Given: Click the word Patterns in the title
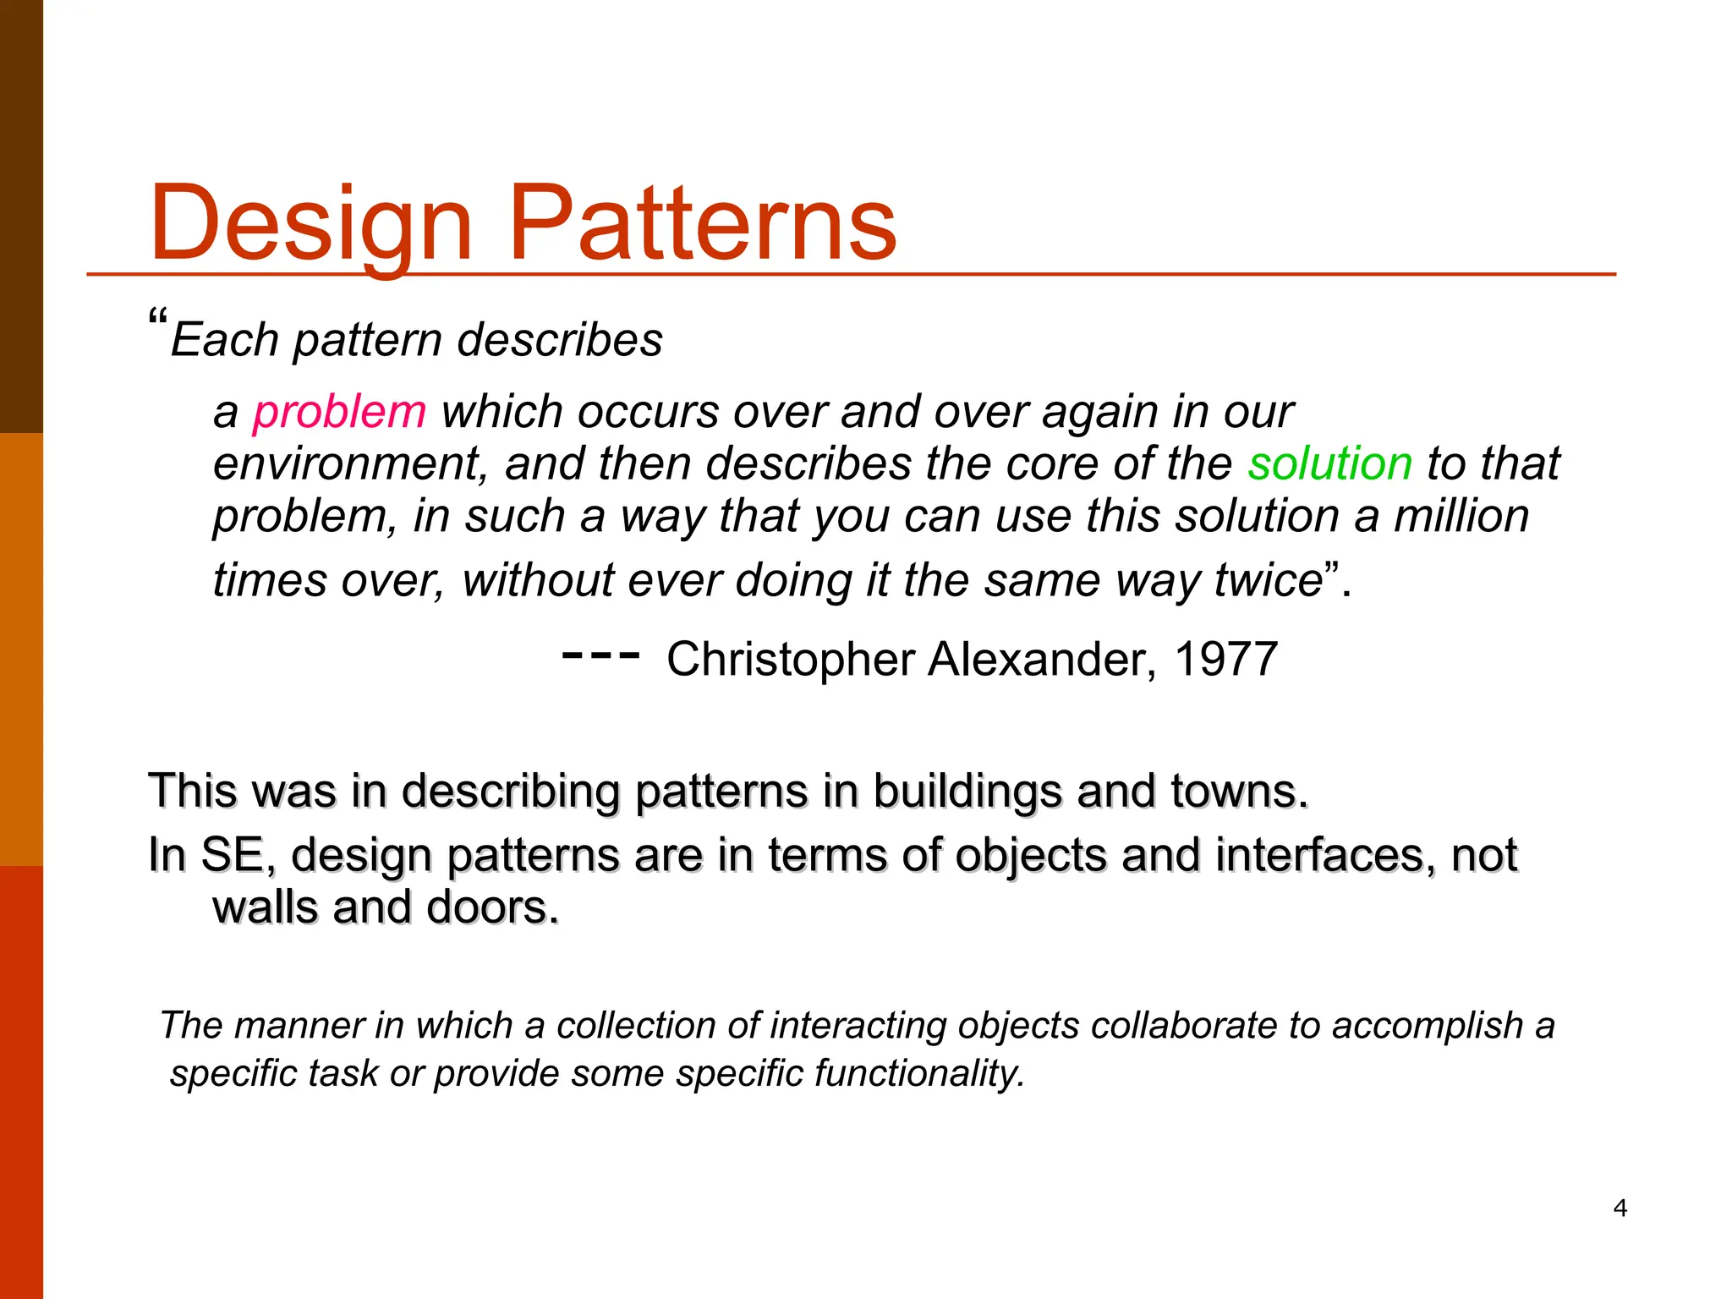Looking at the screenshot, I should [702, 224].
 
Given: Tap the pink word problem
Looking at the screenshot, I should [339, 413].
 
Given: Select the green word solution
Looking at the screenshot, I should [1330, 464].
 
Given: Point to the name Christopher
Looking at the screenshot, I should [791, 660].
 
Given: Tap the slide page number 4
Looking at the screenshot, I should [1620, 1208].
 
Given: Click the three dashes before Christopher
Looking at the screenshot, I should [600, 655].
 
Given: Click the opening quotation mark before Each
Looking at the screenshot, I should [157, 319].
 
